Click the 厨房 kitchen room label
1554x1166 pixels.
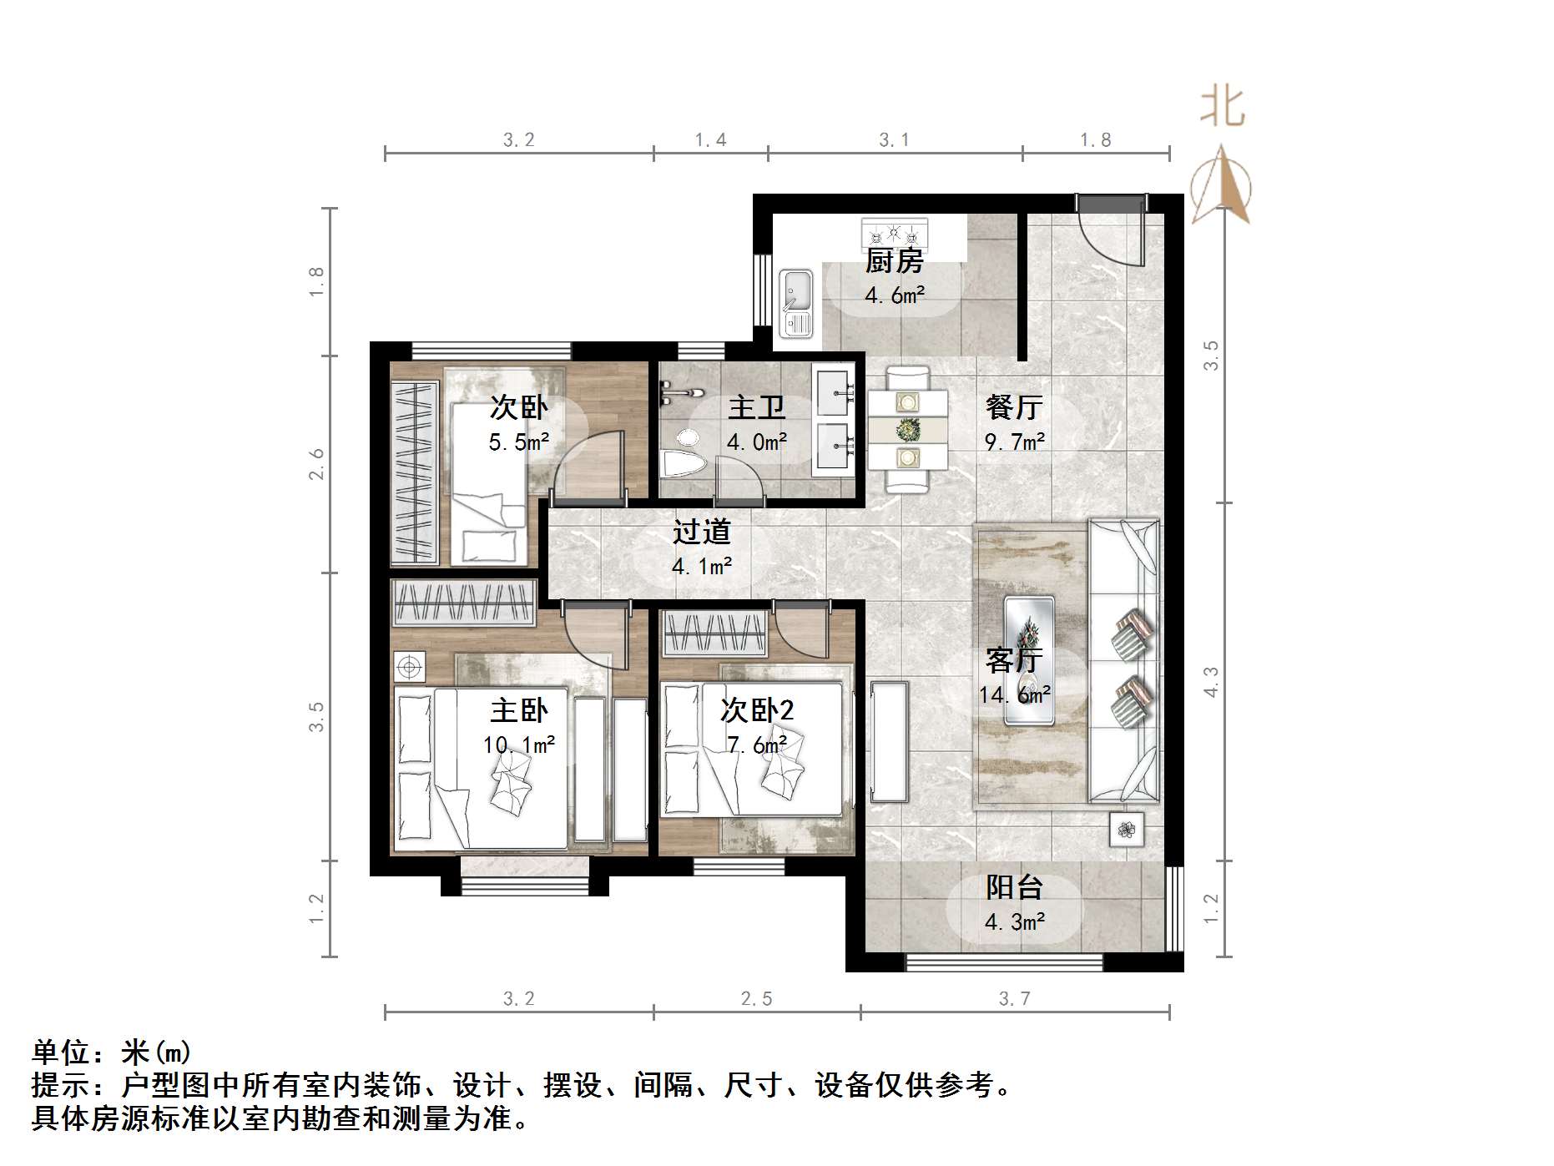pos(894,261)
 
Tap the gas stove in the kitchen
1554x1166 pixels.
pos(895,230)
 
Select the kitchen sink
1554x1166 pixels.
pos(796,303)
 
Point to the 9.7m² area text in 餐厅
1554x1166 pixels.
pos(1015,442)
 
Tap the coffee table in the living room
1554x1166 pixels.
pos(1028,659)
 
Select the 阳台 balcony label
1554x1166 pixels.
pos(1014,887)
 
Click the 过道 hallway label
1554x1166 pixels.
pos(702,532)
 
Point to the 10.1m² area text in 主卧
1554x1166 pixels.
pos(518,745)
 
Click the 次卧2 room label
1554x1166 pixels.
pos(756,710)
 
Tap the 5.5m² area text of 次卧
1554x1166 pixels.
pos(518,442)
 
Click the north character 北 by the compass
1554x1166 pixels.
pos(1222,108)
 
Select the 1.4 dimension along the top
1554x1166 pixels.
pos(710,140)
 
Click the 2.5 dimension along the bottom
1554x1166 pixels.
pos(756,999)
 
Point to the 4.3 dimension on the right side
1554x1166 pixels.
pos(1211,681)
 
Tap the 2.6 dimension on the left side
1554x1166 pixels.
pos(316,464)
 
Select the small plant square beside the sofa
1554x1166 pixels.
pos(1127,830)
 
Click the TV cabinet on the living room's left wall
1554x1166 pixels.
pos(889,741)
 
